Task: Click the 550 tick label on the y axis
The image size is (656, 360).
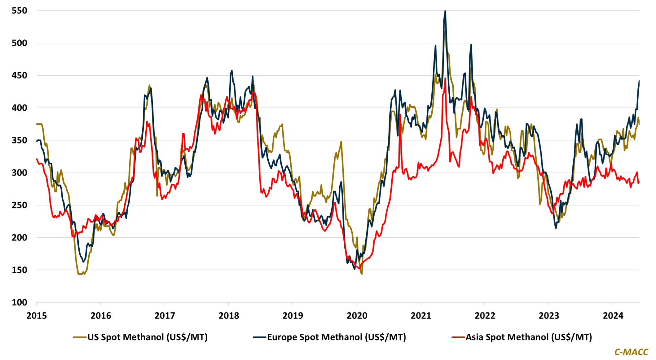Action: coord(19,11)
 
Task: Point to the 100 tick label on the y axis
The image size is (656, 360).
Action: coord(19,302)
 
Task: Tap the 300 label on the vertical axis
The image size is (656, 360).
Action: coord(19,173)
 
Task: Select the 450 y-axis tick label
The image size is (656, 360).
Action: coord(19,75)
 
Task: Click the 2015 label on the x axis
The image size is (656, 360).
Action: coord(37,316)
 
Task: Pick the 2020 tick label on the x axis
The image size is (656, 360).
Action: coord(357,316)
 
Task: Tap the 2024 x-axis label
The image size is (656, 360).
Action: coord(613,316)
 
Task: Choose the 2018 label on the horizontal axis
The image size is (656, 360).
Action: coord(229,316)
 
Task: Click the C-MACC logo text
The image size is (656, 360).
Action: coord(631,352)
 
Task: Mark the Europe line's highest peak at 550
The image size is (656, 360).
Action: coord(445,11)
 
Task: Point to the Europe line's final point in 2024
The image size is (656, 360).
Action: coord(639,81)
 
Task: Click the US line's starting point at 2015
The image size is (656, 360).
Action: coord(37,124)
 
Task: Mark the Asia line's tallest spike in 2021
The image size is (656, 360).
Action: coord(445,78)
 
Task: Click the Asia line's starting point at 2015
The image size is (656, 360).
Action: coord(37,159)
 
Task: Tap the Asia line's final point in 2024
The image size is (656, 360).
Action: coord(639,182)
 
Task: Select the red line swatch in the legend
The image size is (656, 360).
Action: coord(458,337)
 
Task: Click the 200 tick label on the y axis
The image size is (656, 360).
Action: coord(19,238)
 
